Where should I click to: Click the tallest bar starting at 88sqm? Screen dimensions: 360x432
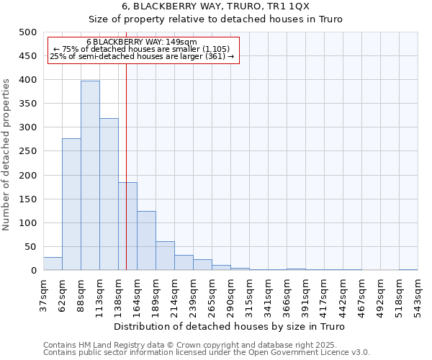90,176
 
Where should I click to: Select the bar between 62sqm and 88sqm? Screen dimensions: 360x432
71,204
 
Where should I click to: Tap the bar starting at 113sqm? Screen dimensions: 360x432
109,194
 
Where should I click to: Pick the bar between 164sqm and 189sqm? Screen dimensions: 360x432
146,240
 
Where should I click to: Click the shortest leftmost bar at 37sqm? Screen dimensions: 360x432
53,264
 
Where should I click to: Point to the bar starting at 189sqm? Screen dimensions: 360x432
165,256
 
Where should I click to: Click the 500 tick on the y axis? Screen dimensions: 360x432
28,32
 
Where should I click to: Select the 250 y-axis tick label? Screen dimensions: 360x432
28,151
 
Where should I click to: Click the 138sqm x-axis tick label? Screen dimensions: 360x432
119,294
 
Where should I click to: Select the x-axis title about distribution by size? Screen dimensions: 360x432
230,326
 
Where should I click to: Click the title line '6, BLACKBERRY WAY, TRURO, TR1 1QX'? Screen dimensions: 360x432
215,6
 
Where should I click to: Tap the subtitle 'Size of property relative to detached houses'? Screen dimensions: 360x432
215,19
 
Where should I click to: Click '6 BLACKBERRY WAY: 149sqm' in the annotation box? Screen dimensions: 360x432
141,42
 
